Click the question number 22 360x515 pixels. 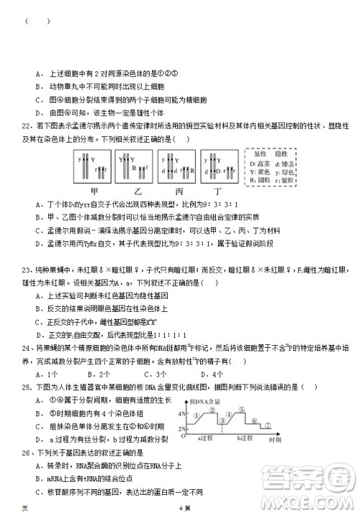(x=25, y=125)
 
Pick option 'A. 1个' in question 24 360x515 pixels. (x=49, y=375)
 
